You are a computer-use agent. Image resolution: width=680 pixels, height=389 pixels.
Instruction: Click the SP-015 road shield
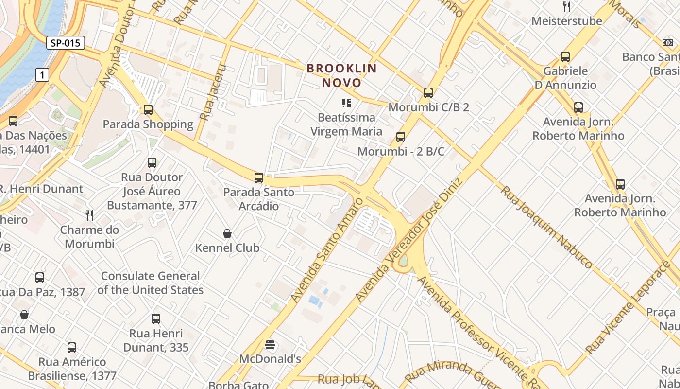(x=66, y=43)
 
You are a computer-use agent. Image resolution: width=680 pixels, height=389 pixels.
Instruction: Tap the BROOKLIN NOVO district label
(x=342, y=75)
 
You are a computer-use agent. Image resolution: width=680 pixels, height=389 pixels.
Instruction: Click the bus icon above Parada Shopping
(x=148, y=110)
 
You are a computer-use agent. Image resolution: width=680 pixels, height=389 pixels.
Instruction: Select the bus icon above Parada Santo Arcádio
(x=259, y=178)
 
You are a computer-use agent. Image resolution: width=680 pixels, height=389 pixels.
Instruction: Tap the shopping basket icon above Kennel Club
(x=227, y=234)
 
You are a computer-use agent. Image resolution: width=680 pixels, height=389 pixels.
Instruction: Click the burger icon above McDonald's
(x=270, y=345)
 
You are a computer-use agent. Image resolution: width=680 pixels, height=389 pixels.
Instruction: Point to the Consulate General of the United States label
(x=150, y=283)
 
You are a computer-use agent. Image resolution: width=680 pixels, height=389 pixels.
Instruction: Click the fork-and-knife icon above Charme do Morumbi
(x=89, y=215)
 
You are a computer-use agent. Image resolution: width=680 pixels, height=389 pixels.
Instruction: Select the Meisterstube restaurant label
(x=566, y=21)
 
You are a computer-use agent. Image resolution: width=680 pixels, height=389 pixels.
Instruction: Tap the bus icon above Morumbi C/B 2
(x=428, y=93)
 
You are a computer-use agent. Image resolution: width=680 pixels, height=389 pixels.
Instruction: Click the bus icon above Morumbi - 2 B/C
(x=401, y=137)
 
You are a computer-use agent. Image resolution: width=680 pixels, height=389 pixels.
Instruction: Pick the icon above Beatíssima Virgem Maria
(x=346, y=103)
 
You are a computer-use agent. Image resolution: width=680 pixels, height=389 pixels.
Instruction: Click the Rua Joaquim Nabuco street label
(x=546, y=227)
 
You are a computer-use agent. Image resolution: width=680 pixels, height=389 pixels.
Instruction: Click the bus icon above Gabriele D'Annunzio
(x=565, y=57)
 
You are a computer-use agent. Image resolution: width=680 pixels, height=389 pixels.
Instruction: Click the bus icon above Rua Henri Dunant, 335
(x=156, y=319)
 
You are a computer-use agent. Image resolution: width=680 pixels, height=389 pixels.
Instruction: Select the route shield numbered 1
(x=43, y=75)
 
